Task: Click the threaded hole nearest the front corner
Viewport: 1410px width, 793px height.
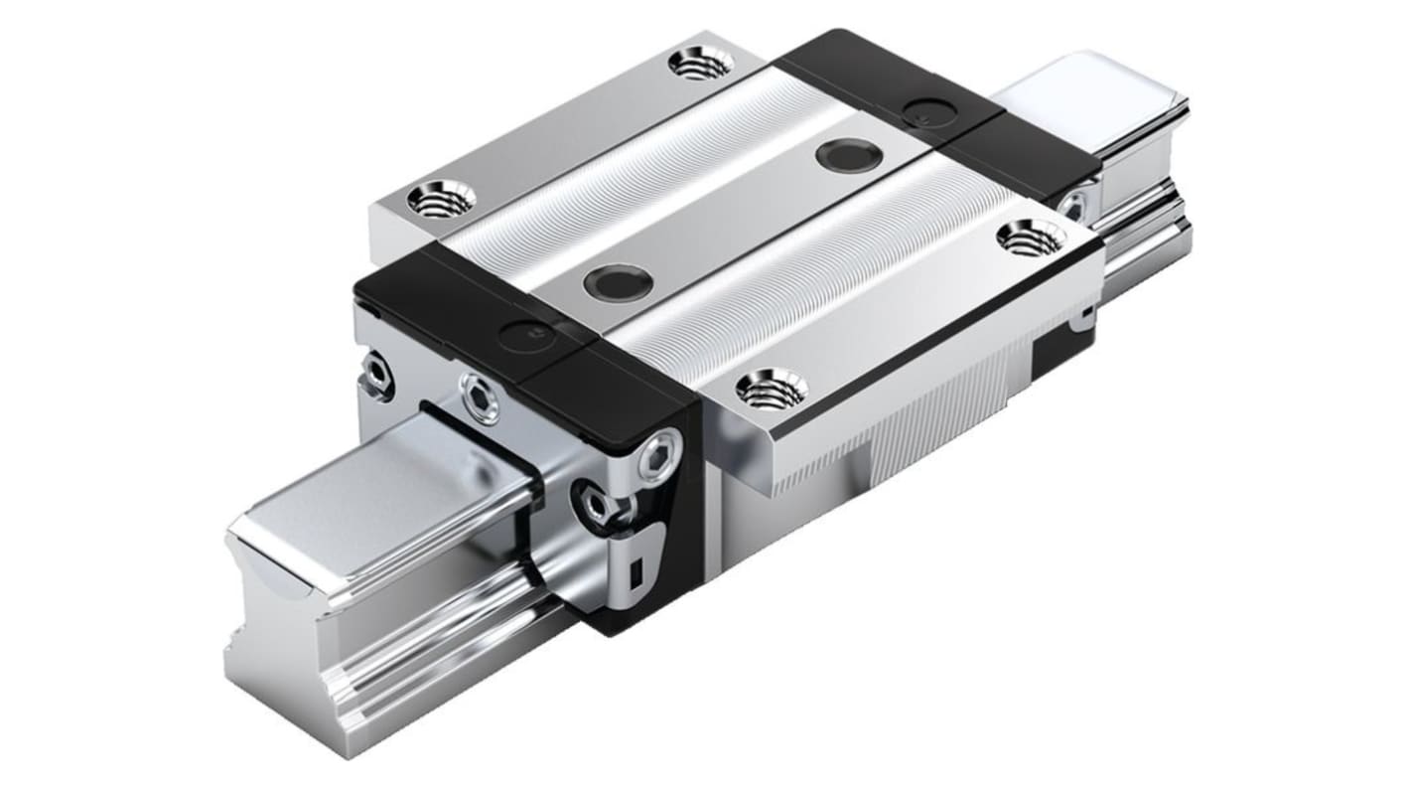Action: click(771, 388)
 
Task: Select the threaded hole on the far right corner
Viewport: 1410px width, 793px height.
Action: click(1030, 238)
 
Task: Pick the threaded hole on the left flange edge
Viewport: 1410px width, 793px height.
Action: click(440, 199)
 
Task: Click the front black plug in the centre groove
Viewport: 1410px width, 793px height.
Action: click(618, 280)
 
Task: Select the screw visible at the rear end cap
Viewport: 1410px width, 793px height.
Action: click(1072, 208)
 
